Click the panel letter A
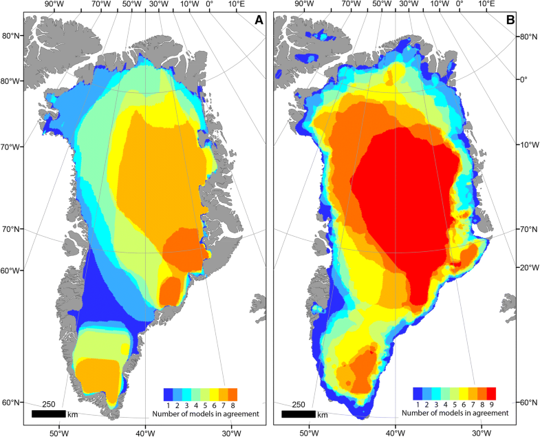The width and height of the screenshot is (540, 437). click(259, 21)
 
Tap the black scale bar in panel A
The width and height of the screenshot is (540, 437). click(49, 414)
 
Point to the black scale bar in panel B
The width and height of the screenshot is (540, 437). click(298, 414)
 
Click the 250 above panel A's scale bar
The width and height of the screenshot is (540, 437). click(48, 404)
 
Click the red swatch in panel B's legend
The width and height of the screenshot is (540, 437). click(490, 393)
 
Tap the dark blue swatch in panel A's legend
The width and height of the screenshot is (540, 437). click(167, 394)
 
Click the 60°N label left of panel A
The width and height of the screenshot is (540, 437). click(10, 403)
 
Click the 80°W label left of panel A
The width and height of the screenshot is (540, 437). click(10, 81)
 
